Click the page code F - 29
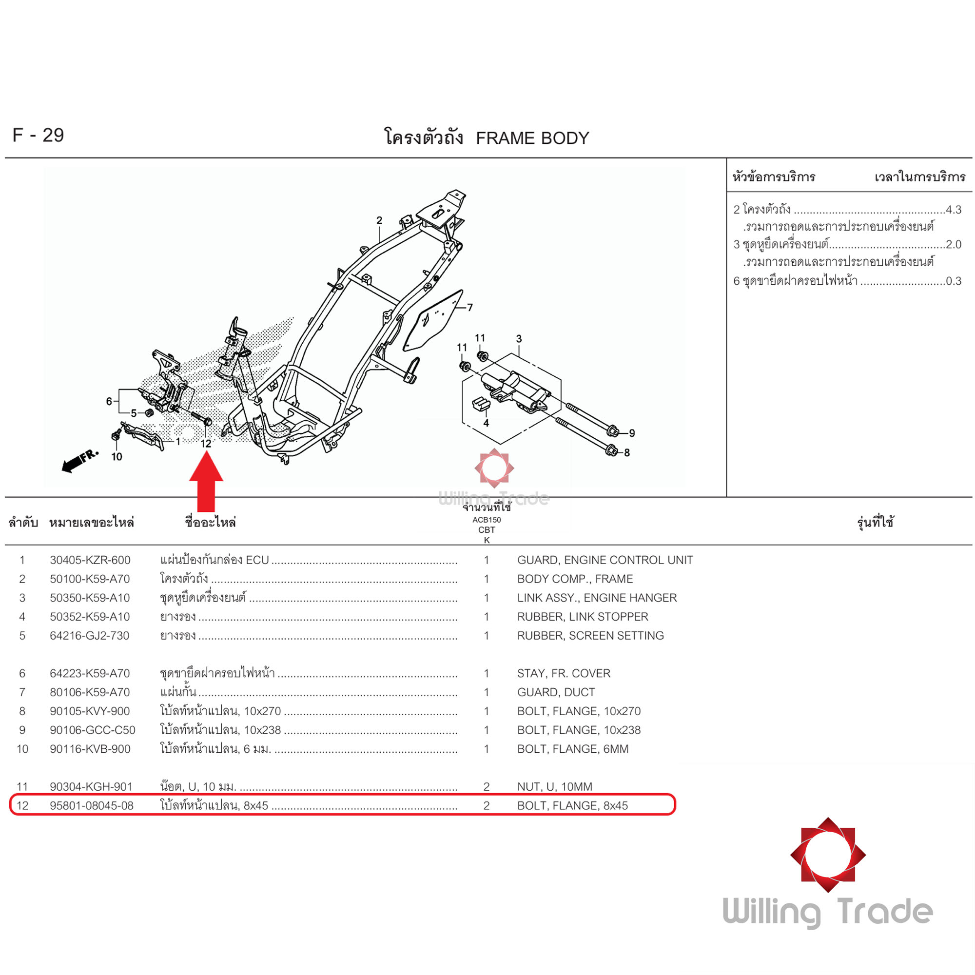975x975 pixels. pyautogui.click(x=39, y=135)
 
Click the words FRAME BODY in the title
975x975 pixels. pyautogui.click(x=532, y=138)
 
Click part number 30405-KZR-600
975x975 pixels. pyautogui.click(x=90, y=560)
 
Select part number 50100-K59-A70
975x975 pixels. pyautogui.click(x=90, y=579)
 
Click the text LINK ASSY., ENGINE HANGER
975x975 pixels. pyautogui.click(x=597, y=598)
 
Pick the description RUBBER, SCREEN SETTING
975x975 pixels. pyautogui.click(x=590, y=635)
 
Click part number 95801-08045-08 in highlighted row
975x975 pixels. pyautogui.click(x=91, y=805)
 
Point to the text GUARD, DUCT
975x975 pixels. pyautogui.click(x=556, y=692)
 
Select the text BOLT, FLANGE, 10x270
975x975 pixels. pyautogui.click(x=579, y=711)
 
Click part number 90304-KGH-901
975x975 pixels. pyautogui.click(x=91, y=786)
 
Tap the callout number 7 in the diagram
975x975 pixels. pyautogui.click(x=470, y=307)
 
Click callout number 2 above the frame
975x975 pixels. pyautogui.click(x=379, y=220)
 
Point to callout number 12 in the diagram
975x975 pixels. pyautogui.click(x=206, y=444)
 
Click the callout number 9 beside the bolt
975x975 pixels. pyautogui.click(x=632, y=433)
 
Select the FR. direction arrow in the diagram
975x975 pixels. pyautogui.click(x=80, y=461)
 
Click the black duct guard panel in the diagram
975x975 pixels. pyautogui.click(x=433, y=320)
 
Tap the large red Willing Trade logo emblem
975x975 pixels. pyautogui.click(x=828, y=855)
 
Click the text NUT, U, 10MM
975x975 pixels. pyautogui.click(x=555, y=786)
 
